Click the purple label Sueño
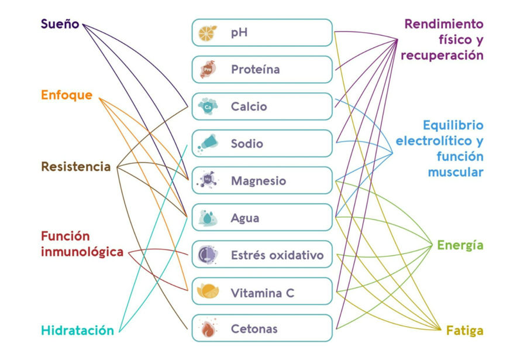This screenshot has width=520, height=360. pos(60,25)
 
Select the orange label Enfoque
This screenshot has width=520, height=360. pos(66,95)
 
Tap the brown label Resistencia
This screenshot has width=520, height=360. pos(75,167)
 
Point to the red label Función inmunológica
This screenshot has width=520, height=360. pos(82,244)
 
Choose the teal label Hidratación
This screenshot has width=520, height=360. pos(77,330)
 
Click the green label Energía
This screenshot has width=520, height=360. pos(460,245)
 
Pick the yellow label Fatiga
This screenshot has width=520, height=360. pos(465,331)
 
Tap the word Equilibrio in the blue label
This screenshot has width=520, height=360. pos(453,125)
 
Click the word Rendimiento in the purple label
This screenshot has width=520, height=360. pos(444,25)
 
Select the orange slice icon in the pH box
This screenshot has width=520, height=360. pos(207,32)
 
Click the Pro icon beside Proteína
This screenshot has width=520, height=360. pos(207,70)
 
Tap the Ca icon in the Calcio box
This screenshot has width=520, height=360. pos(208,107)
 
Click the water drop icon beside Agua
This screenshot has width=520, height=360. pos(208,218)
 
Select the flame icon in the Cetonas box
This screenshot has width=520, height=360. pos(208,328)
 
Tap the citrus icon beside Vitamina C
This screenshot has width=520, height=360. pos(208,292)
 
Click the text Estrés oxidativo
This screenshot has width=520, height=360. pos(277,256)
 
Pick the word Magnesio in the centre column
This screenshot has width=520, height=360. pos(258,181)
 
